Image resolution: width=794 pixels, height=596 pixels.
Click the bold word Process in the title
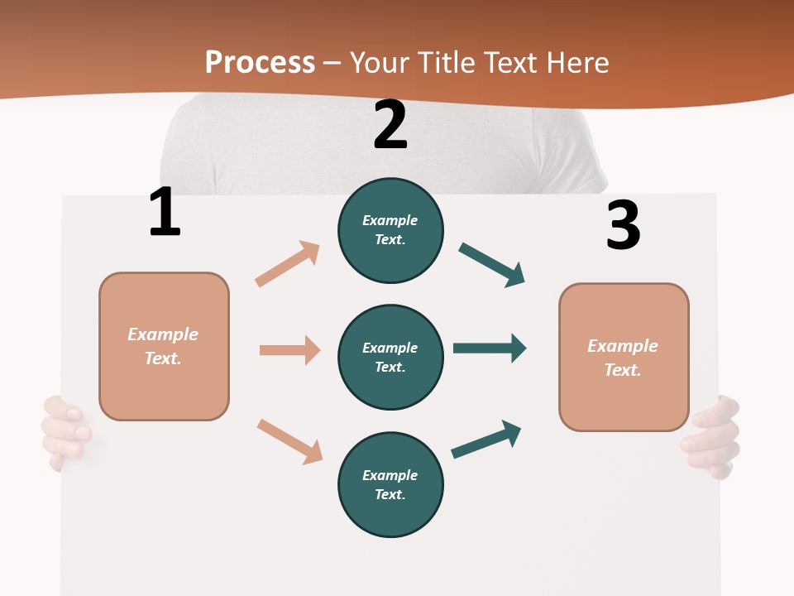pyautogui.click(x=260, y=63)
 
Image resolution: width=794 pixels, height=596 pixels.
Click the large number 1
pyautogui.click(x=165, y=212)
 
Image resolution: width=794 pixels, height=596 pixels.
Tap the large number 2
pyautogui.click(x=390, y=125)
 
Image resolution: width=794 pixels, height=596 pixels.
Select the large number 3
pyautogui.click(x=623, y=225)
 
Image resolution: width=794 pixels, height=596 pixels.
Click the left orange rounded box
pyautogui.click(x=164, y=346)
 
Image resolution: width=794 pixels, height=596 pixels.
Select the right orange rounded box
pyautogui.click(x=624, y=358)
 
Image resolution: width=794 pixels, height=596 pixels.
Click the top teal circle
pyautogui.click(x=390, y=230)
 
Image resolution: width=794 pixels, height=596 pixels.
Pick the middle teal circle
pyautogui.click(x=390, y=357)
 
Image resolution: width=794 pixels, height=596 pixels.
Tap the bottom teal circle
pyautogui.click(x=390, y=484)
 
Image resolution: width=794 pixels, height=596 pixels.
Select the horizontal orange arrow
pyautogui.click(x=289, y=350)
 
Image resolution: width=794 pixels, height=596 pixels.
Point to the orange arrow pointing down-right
pyautogui.click(x=289, y=441)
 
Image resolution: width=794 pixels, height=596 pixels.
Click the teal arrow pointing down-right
pyautogui.click(x=492, y=265)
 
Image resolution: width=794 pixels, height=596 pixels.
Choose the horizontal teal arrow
pyautogui.click(x=490, y=348)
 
